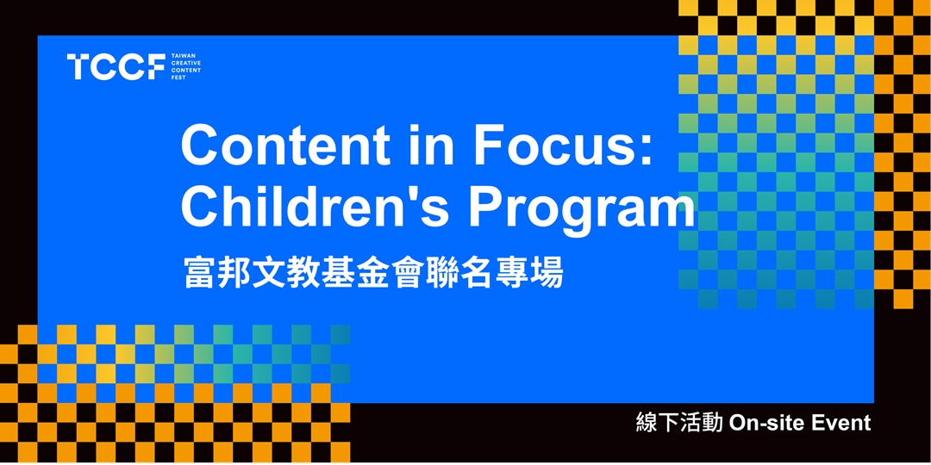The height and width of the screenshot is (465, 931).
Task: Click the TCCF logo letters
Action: pos(116,66)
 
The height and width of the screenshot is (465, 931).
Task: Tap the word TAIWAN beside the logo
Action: pos(180,54)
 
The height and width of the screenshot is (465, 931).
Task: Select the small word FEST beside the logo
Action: pos(178,77)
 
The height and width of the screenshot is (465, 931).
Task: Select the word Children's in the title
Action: pos(316,208)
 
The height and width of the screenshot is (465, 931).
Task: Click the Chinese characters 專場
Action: pos(529,272)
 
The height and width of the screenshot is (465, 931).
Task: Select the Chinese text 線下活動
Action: pos(678,424)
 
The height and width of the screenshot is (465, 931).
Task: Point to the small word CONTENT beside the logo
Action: pos(185,70)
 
